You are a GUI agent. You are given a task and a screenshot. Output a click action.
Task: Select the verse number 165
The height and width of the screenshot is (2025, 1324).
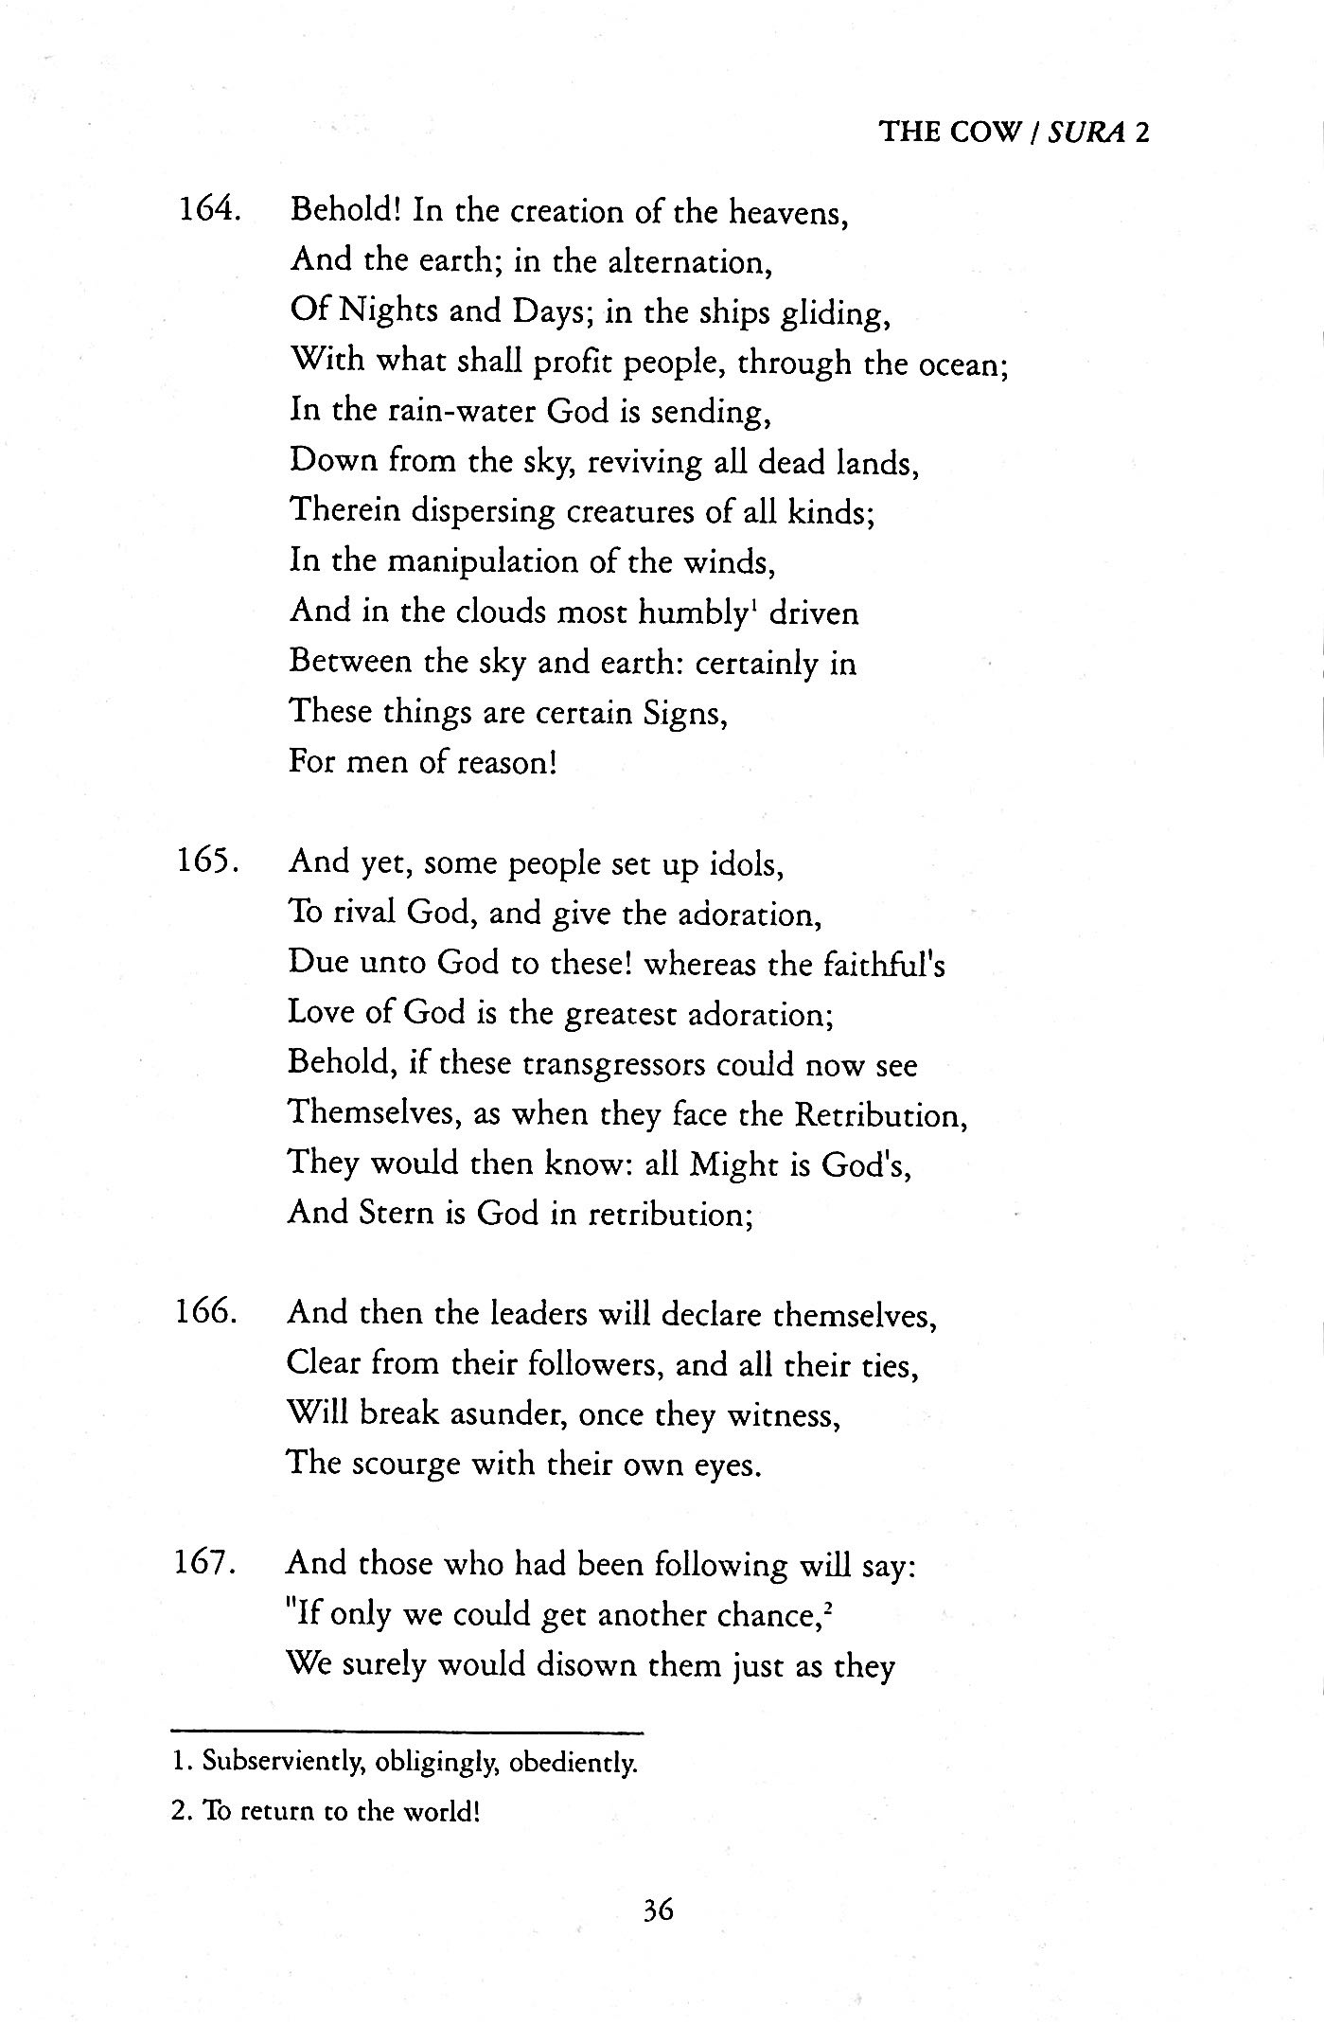tap(206, 862)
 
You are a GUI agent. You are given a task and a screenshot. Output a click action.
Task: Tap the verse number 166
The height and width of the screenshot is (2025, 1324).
tap(206, 1313)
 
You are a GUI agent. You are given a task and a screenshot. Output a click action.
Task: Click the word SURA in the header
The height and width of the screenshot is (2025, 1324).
tap(1087, 132)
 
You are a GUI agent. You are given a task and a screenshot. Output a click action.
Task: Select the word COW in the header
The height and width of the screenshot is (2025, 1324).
tap(988, 132)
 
